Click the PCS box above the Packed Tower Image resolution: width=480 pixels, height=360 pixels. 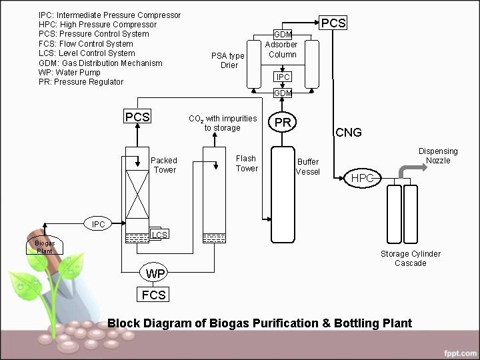click(137, 116)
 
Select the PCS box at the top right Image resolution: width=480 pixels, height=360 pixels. click(333, 23)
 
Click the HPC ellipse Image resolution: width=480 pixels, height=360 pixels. click(363, 178)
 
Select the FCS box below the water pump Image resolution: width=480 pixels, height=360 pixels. click(153, 295)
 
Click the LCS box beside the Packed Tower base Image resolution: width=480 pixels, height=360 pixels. click(159, 235)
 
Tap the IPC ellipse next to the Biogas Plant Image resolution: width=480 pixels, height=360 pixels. click(98, 224)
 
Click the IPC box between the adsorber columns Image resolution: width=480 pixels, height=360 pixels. click(283, 77)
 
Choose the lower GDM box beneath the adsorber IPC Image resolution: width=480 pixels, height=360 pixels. click(283, 93)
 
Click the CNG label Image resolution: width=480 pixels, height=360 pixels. click(348, 133)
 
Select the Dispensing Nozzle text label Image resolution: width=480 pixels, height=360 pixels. click(438, 156)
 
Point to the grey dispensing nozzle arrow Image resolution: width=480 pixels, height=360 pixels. click(408, 172)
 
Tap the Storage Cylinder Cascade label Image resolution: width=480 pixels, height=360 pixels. click(410, 258)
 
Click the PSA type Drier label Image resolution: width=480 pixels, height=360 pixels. click(228, 60)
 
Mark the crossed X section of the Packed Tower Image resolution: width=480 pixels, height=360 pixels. click(137, 190)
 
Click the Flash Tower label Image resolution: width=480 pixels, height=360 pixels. click(246, 163)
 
